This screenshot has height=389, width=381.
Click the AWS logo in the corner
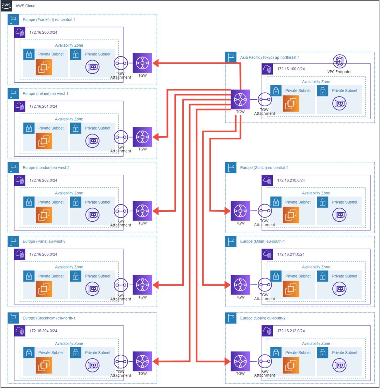pos(6,6)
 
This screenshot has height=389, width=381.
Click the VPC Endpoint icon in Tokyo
pos(339,61)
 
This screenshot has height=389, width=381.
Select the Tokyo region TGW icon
pos(240,99)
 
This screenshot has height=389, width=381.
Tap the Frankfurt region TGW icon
pos(142,63)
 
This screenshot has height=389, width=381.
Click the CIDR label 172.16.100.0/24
pos(291,69)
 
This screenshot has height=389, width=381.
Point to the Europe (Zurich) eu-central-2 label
pos(264,168)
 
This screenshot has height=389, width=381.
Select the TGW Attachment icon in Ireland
pos(121,137)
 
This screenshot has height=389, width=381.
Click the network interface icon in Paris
pos(92,289)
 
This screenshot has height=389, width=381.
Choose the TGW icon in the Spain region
pos(240,361)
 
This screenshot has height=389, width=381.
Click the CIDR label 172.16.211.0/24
pos(291,254)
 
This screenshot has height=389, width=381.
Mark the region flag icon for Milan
pos(231,242)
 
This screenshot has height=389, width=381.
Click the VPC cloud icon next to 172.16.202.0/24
pos(20,181)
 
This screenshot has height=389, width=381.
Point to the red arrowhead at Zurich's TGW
pos(227,211)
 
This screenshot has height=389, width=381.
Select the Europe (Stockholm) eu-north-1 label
pos(49,318)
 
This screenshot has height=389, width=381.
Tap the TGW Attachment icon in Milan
pos(264,285)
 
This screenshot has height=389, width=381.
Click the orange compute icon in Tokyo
pos(291,103)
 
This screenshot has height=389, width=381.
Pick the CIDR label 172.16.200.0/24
pos(43,32)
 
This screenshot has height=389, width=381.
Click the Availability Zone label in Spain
pos(316,343)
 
